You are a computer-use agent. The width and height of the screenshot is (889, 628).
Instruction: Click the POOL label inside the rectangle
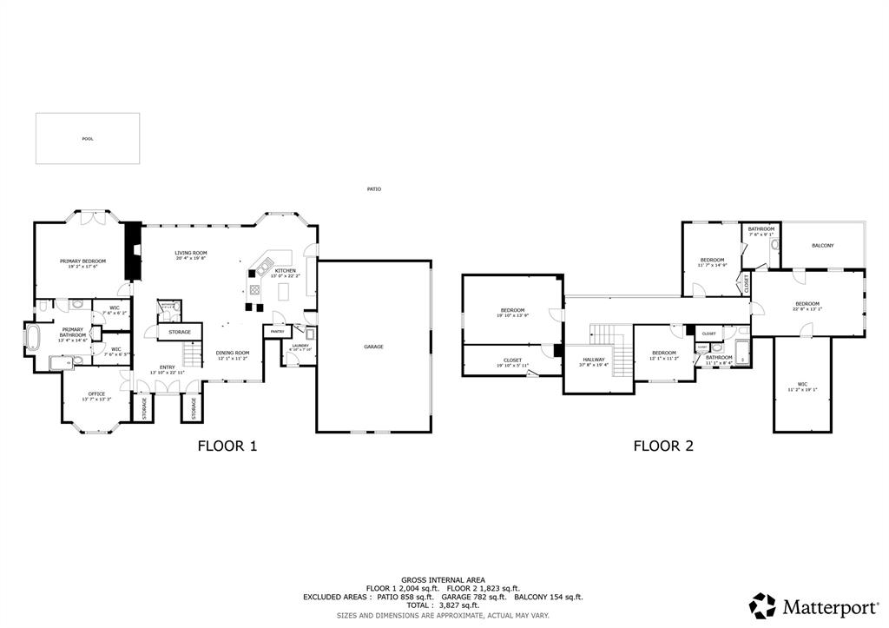click(x=87, y=139)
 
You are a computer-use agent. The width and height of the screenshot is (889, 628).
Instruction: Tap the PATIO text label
click(x=373, y=188)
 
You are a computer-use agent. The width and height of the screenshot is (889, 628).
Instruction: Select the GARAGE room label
click(x=373, y=347)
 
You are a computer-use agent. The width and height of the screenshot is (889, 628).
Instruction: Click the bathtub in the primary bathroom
click(x=34, y=337)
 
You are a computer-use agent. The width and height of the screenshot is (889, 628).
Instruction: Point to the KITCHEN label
click(x=286, y=270)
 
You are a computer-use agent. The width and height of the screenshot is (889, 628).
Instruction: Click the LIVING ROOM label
click(x=190, y=253)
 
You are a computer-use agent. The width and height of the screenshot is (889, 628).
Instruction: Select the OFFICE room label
click(x=95, y=393)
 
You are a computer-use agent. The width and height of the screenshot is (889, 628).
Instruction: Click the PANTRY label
click(x=277, y=332)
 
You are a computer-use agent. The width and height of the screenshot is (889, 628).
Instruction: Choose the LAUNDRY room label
click(x=300, y=346)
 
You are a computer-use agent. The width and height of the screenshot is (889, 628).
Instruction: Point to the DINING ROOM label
click(x=233, y=353)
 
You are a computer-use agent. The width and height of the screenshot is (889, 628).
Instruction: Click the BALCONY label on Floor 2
click(x=822, y=246)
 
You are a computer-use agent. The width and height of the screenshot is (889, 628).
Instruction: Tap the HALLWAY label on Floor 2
click(x=594, y=360)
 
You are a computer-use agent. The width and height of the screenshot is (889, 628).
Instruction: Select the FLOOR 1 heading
click(x=227, y=446)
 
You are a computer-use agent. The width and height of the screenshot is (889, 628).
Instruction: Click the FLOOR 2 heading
click(x=662, y=446)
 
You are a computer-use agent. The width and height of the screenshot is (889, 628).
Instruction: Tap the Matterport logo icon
click(x=762, y=605)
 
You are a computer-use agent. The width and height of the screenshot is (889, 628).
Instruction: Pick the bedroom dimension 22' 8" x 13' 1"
click(x=807, y=309)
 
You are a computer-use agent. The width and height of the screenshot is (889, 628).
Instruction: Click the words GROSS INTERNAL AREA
click(x=443, y=579)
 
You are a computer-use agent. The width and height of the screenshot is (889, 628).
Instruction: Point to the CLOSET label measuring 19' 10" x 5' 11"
click(x=512, y=366)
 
